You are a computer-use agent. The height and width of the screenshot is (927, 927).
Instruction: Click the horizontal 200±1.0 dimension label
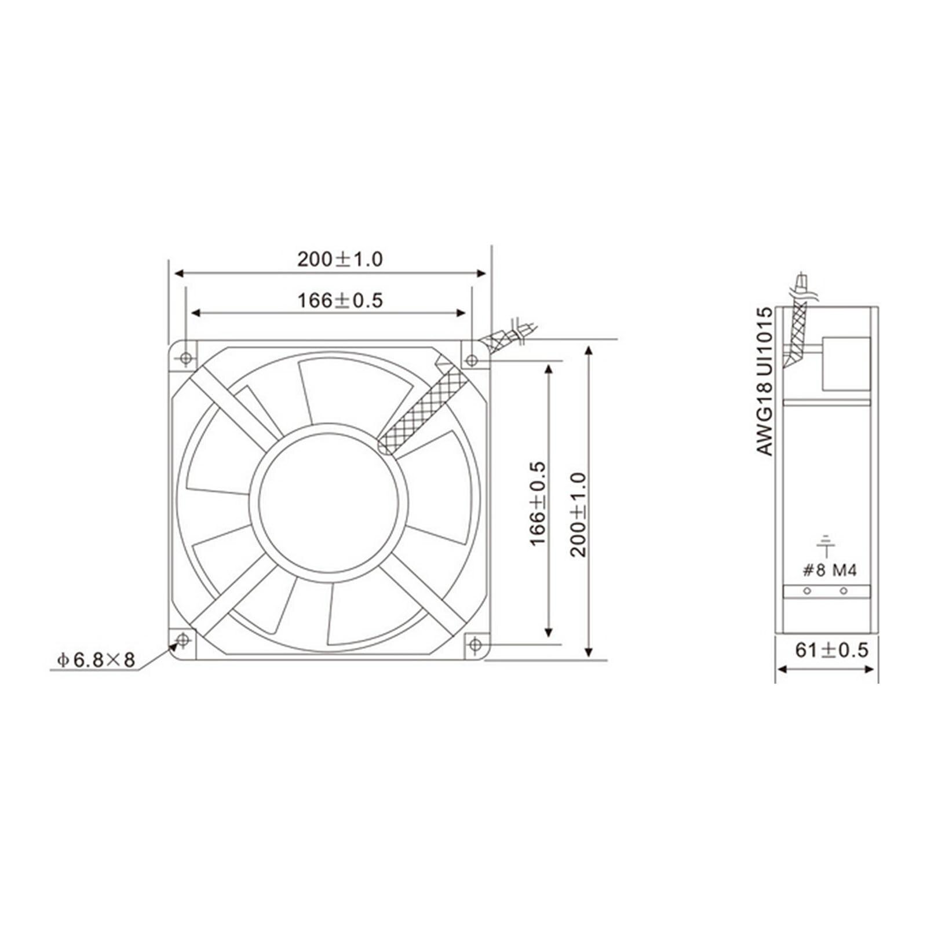[x=340, y=259]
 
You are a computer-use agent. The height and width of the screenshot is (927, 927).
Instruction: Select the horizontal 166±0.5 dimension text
[x=340, y=301]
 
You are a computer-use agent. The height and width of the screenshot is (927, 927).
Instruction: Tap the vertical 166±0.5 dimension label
[x=538, y=503]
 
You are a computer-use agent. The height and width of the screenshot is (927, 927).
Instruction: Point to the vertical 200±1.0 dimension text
[x=579, y=514]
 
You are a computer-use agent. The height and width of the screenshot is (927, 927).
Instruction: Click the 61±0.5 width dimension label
[x=831, y=650]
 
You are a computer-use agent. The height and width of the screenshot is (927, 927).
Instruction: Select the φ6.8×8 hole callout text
[x=96, y=659]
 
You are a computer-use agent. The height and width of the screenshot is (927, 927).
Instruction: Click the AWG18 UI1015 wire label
[x=765, y=381]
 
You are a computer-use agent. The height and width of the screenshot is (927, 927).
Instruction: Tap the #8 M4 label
[x=829, y=571]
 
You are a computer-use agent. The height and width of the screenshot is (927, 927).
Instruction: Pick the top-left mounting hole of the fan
[x=186, y=359]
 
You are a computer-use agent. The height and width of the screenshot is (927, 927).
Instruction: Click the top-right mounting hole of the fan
[x=472, y=360]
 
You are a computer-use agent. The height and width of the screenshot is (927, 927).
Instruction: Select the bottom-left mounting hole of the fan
[x=183, y=640]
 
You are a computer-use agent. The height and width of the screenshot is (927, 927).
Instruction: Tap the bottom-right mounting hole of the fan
[x=475, y=644]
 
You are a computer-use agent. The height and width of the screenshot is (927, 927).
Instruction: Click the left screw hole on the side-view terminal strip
[x=806, y=592]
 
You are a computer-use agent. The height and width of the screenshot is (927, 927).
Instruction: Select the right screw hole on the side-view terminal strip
[x=844, y=592]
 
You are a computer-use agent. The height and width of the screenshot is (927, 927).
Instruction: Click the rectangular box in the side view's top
[x=846, y=364]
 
